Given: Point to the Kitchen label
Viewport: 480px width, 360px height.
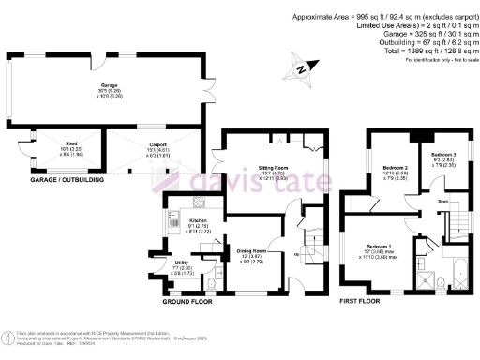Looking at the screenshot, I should point(172,220).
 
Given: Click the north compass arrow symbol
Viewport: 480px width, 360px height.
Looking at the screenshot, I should point(301,67).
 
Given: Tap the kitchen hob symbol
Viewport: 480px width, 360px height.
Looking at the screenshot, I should point(199,203).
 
